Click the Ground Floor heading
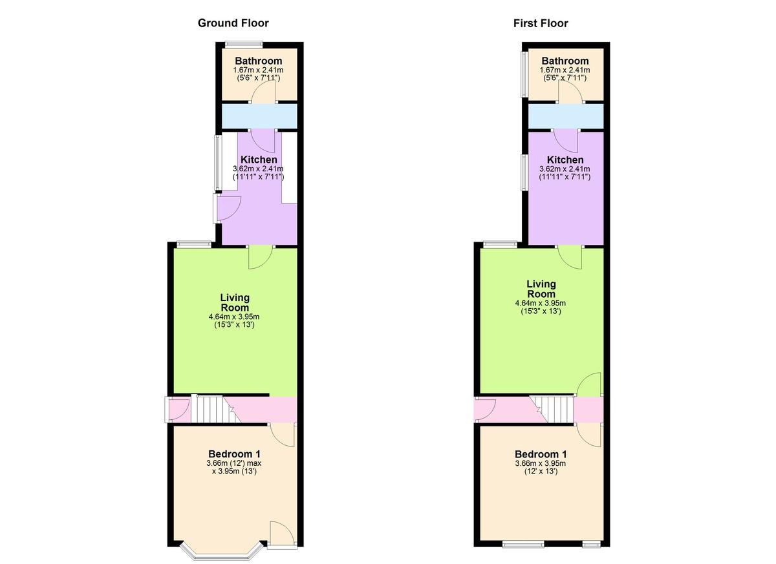point(233,23)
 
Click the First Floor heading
point(541,23)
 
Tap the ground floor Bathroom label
point(259,61)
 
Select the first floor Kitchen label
point(565,160)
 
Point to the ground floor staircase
point(215,410)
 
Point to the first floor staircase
point(551,410)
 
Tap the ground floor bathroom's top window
point(243,45)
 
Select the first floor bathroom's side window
point(524,74)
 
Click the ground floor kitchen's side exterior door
point(216,207)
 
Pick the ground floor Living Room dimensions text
point(234,320)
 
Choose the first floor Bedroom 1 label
point(541,454)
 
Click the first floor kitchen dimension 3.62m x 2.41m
point(565,169)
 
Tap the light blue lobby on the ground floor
point(259,116)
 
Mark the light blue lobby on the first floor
point(566,116)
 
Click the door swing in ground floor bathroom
point(264,91)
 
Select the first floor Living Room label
point(541,289)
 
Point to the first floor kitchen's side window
point(524,172)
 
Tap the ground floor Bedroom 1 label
point(234,454)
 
